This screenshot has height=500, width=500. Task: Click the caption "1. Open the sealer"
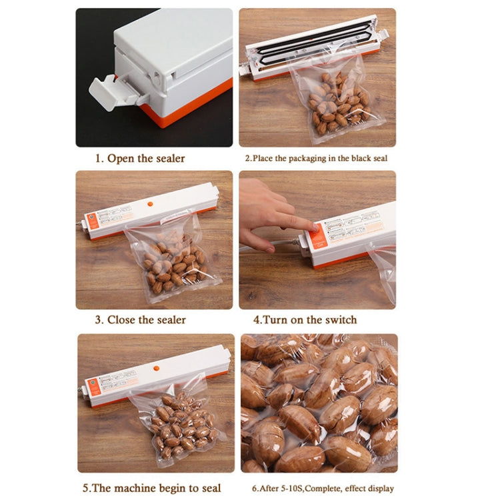(139, 159)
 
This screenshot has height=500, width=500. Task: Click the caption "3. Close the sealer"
(140, 320)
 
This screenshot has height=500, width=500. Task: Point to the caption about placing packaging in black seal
(315, 159)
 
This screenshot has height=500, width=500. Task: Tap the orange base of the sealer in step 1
(193, 107)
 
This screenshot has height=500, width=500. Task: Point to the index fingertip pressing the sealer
(310, 226)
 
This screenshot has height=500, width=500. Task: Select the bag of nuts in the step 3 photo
(171, 257)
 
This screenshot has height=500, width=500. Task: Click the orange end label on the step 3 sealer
(94, 223)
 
